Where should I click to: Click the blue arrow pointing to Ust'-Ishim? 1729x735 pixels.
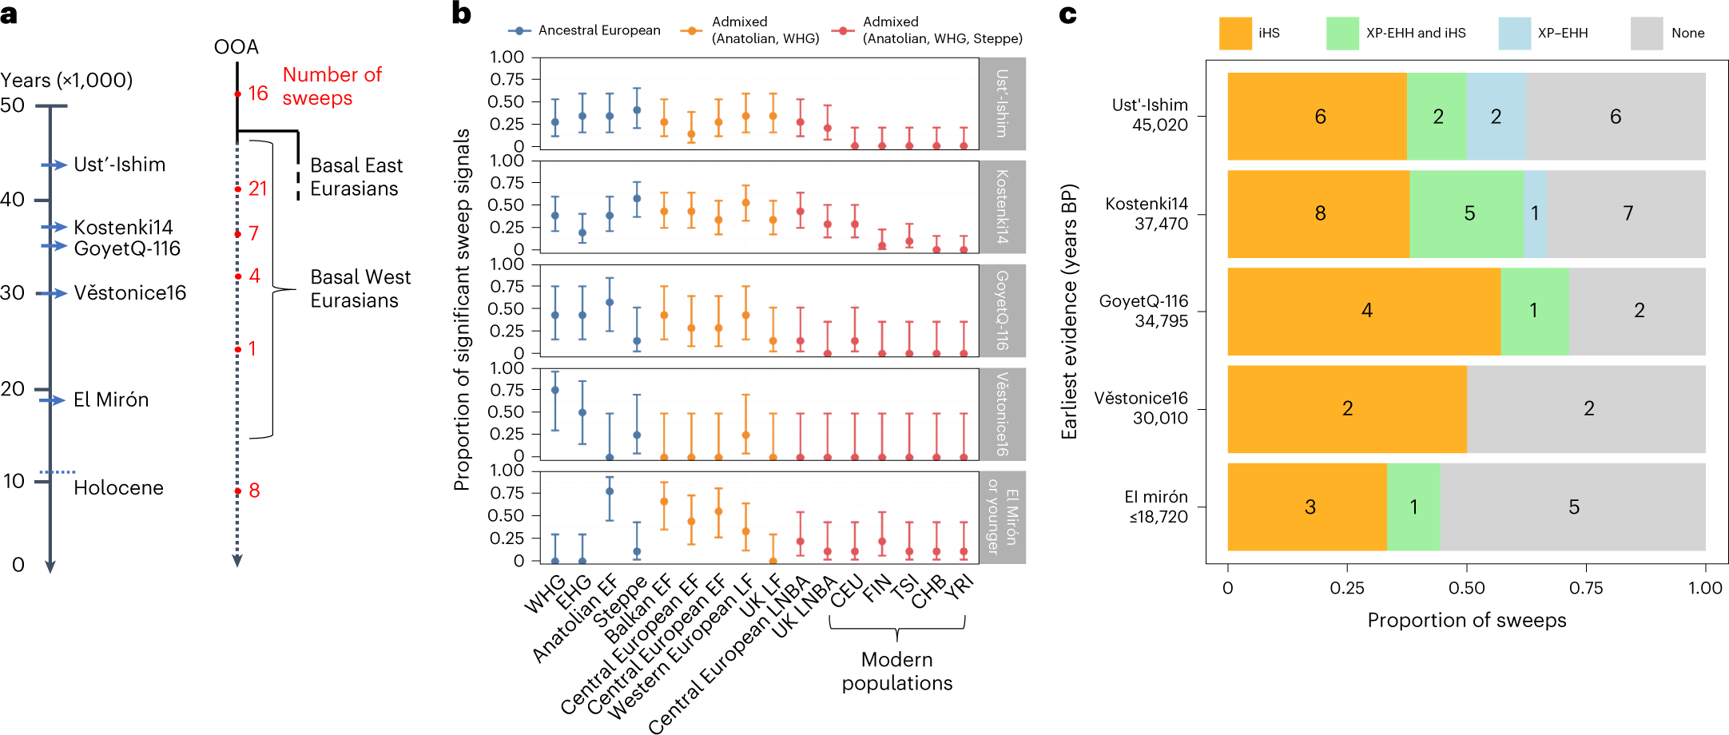coord(54,165)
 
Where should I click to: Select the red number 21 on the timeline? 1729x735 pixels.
coord(257,189)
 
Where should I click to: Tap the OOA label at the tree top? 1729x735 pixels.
coord(236,47)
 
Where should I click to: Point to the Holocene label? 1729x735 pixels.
coord(118,488)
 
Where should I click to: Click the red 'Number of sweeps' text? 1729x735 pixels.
coord(332,86)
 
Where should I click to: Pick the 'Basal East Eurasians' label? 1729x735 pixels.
coord(356,177)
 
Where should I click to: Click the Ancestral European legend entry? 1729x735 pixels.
coord(585,30)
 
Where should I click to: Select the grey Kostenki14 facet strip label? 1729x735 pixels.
coord(1002,207)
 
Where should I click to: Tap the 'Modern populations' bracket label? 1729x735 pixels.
coord(896,671)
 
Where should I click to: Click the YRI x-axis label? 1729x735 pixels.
coord(960,587)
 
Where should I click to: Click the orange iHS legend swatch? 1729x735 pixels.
coord(1234,34)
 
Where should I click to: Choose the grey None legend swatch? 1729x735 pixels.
coord(1646,34)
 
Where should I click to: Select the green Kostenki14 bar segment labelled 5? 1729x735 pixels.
coord(1468,213)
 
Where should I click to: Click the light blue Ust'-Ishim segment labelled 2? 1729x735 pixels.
coord(1496,117)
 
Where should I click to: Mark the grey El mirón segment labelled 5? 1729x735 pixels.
coord(1573,507)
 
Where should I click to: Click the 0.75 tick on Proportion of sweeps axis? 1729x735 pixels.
coord(1586,589)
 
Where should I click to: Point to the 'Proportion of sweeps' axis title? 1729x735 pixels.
coord(1466,621)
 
